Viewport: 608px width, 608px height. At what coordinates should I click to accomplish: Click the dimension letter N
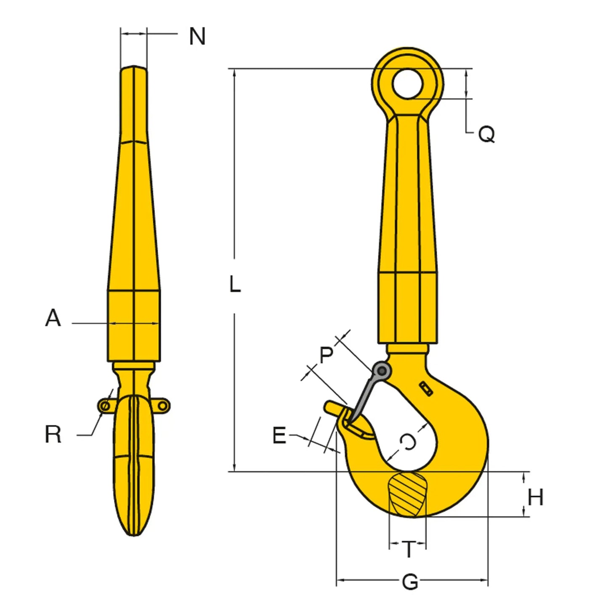tap(197, 37)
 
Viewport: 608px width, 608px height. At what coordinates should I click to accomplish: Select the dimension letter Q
tap(486, 135)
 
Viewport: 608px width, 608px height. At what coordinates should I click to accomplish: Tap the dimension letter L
tap(235, 285)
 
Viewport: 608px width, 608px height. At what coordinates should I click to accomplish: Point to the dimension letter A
tap(53, 318)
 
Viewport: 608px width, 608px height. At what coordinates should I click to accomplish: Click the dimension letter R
tap(53, 434)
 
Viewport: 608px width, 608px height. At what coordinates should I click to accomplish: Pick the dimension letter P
tap(326, 355)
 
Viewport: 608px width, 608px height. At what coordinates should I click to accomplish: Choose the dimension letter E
tap(279, 435)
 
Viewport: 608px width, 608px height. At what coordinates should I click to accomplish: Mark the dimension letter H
tap(535, 497)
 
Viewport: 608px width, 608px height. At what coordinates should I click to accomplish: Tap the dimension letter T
tap(408, 549)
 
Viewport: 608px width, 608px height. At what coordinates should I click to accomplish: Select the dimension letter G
tap(410, 582)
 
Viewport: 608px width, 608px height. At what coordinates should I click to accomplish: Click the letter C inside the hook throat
tap(408, 442)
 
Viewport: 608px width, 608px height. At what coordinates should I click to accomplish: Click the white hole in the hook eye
tap(407, 83)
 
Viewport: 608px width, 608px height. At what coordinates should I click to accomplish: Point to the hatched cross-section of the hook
tap(407, 494)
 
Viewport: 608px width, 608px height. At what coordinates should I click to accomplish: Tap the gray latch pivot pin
tap(382, 371)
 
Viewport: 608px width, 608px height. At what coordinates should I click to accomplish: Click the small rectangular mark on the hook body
tap(426, 389)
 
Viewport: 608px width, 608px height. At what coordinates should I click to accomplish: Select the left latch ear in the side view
tap(105, 406)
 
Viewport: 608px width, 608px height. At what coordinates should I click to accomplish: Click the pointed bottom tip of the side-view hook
tap(134, 534)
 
